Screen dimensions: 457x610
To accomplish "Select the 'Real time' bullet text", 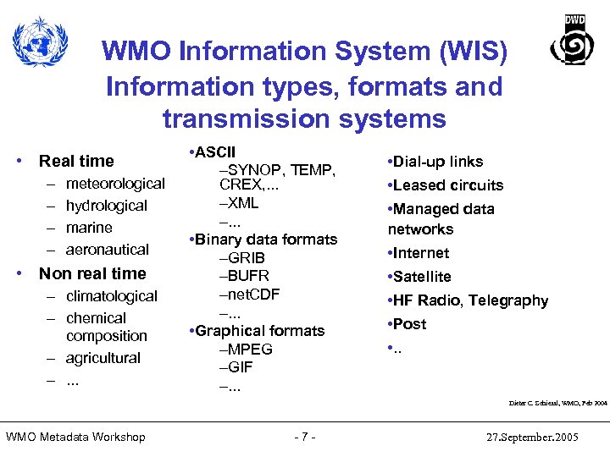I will pos(76,161).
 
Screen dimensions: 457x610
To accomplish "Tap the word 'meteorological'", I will pos(115,184).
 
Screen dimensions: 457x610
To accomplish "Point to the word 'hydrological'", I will pos(107,206).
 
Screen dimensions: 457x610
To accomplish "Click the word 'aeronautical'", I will pos(108,250).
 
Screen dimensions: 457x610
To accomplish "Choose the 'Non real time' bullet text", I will pos(92,273).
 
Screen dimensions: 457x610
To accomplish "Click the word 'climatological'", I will pos(112,296).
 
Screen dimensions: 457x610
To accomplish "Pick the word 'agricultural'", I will pos(103,358).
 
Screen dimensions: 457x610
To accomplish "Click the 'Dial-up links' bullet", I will pos(437,162).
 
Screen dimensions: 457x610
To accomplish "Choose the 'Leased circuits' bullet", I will pos(447,185).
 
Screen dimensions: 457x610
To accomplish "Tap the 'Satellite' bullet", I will pos(423,277).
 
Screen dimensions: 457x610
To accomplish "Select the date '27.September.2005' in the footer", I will pos(534,437).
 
